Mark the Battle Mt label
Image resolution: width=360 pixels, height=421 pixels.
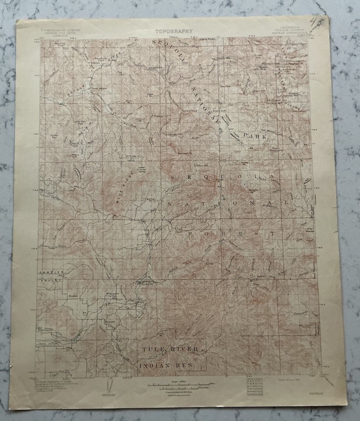(x=151, y=200)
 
